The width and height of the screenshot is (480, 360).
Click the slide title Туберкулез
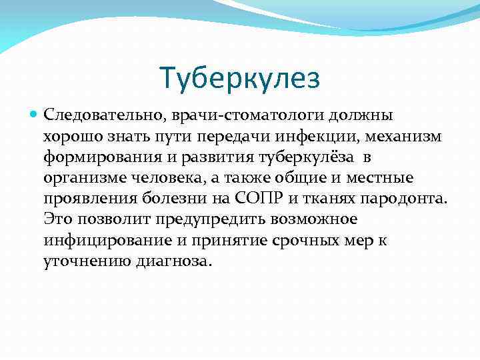click(x=240, y=78)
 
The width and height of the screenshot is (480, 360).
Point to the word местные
click(x=380, y=179)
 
